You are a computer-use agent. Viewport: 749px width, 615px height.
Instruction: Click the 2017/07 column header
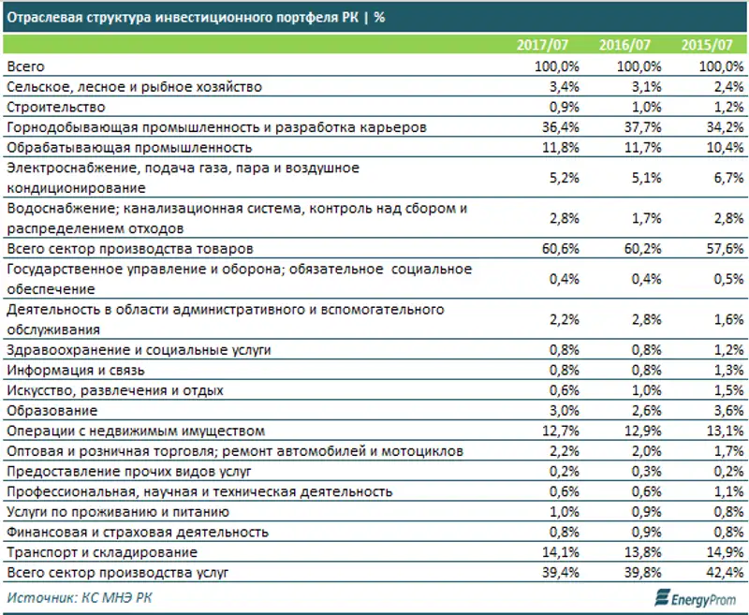[543, 45]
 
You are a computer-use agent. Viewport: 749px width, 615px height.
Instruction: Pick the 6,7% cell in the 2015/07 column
[724, 178]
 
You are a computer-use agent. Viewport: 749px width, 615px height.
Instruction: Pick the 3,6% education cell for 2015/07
[724, 411]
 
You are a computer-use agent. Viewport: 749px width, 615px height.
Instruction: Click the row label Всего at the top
[25, 66]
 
